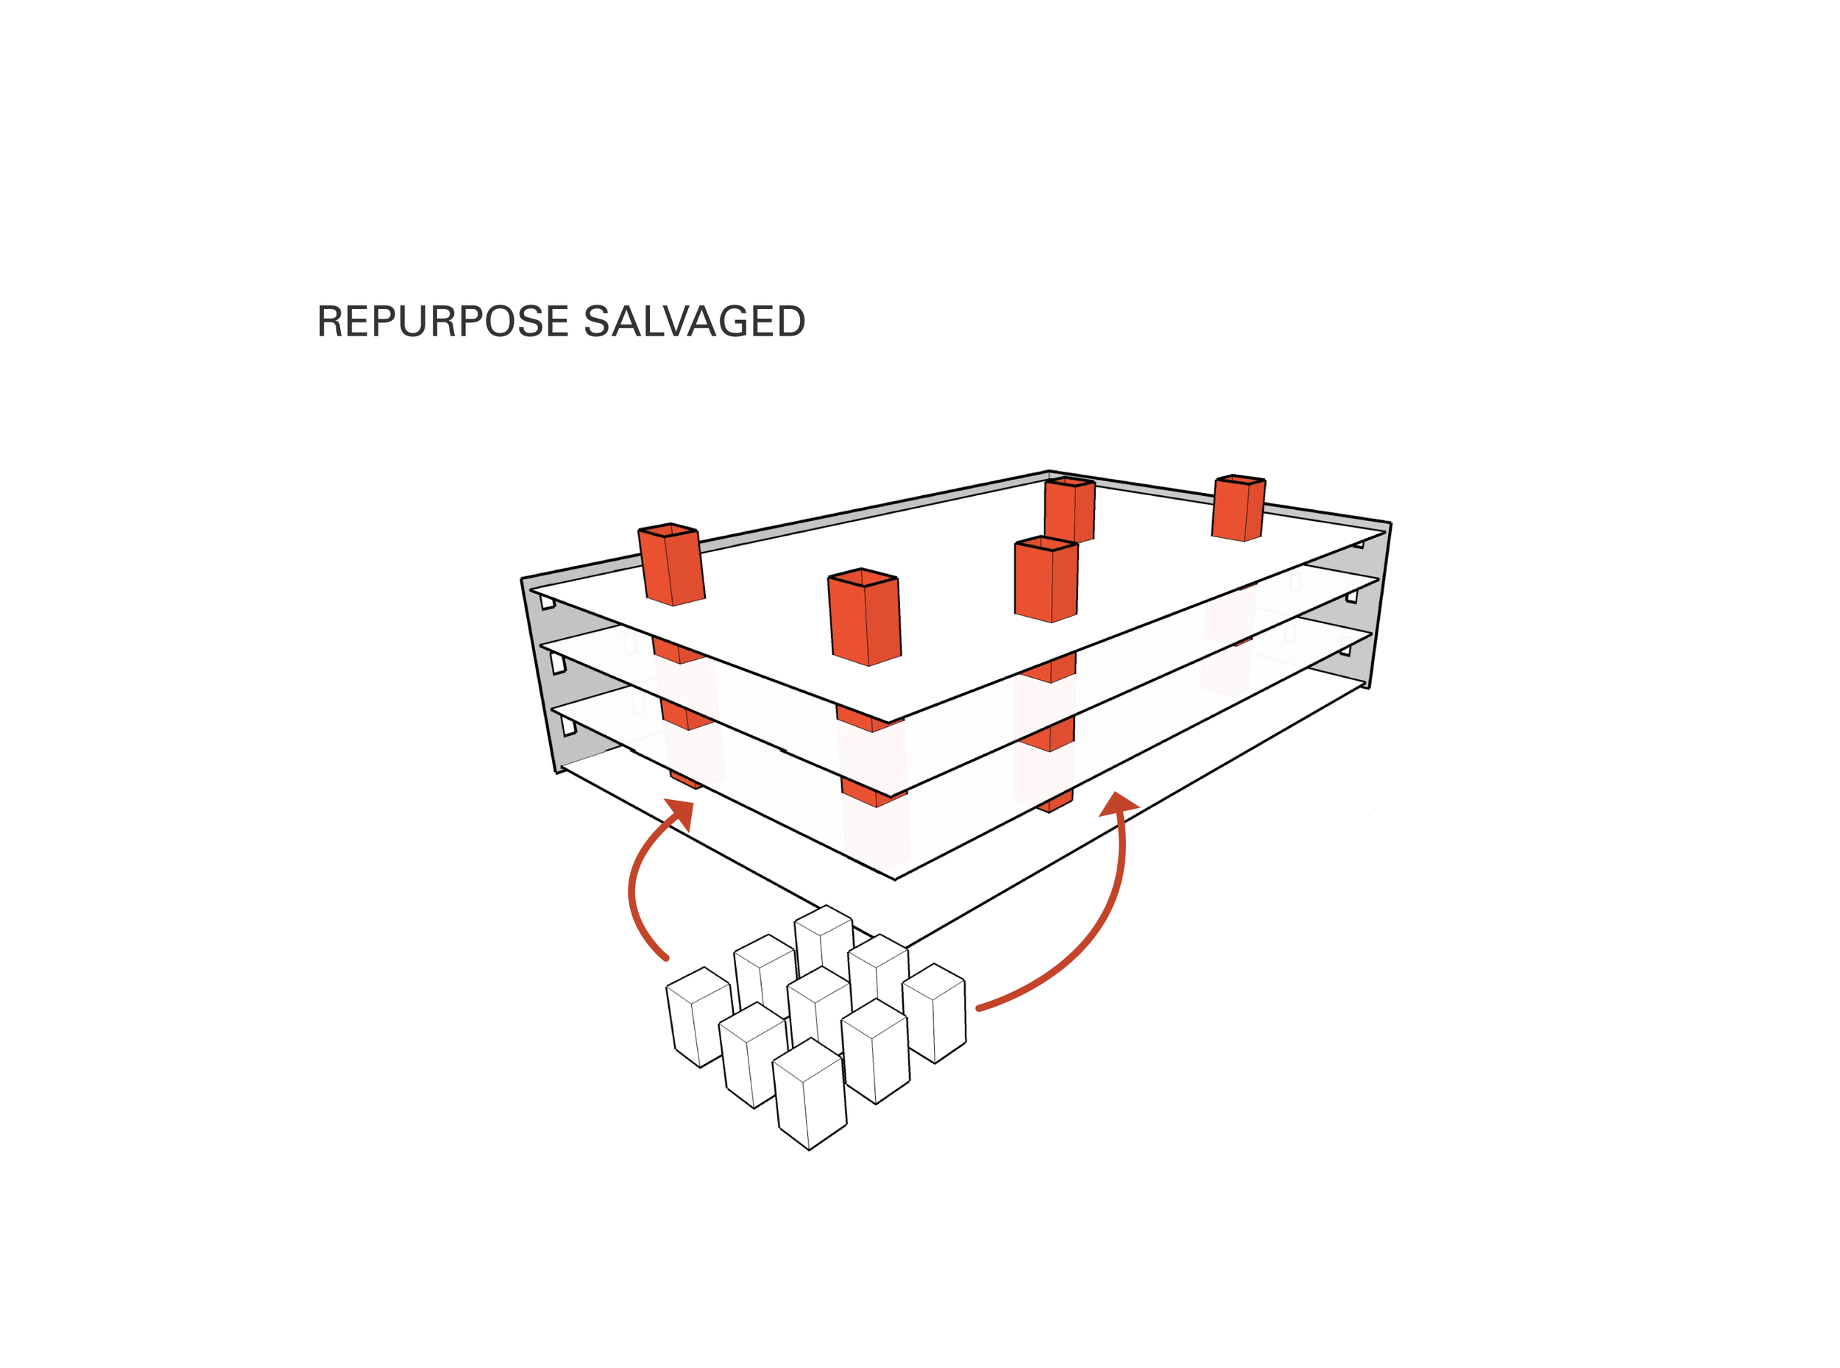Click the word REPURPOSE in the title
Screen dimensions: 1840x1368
click(442, 322)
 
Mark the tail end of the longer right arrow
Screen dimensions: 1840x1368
click(980, 1007)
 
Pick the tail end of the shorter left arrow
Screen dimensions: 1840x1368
click(666, 958)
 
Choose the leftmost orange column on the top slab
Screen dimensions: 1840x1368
click(671, 567)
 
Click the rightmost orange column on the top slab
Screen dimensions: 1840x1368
click(1238, 509)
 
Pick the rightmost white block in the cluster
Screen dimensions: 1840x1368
click(934, 1014)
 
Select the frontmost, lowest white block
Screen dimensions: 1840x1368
click(810, 1097)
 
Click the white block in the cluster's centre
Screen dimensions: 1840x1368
click(819, 1006)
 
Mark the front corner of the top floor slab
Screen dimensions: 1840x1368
click(888, 721)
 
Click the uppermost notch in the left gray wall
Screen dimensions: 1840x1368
click(548, 602)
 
